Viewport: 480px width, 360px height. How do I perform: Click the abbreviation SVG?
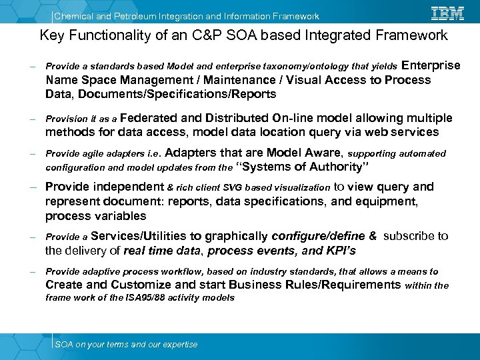[235, 188]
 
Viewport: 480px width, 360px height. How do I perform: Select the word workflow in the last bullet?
[173, 272]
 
